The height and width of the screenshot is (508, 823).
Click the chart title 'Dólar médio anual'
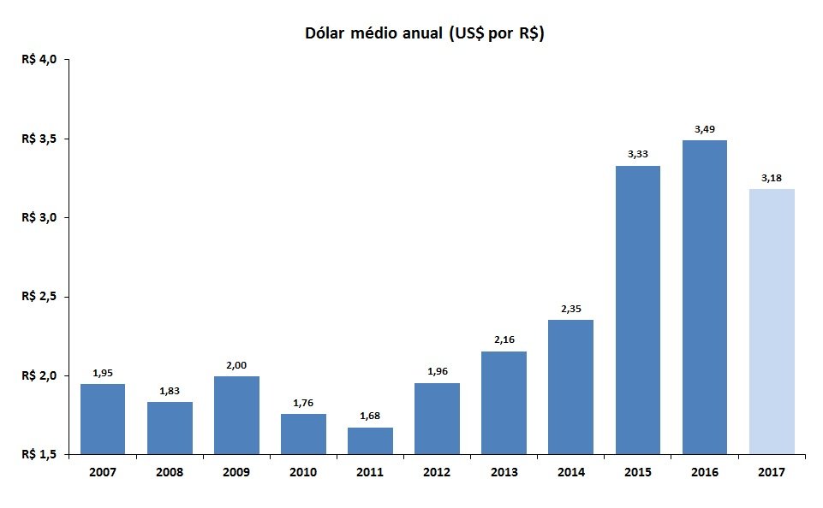pos(373,33)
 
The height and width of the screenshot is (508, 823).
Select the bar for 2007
pos(103,419)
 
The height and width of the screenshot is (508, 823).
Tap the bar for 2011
pos(370,441)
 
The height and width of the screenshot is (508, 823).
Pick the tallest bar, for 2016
pos(704,298)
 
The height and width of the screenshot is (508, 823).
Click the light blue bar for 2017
pos(772,322)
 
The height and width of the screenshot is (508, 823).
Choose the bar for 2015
pos(638,310)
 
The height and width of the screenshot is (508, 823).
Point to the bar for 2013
pos(504,403)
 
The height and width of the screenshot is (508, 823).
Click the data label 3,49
pos(704,129)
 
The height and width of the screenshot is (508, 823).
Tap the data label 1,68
pos(370,416)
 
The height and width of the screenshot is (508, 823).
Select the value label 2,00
pos(236,365)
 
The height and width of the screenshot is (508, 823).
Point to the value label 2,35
pos(571,309)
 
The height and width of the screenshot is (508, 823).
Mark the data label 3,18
pos(772,178)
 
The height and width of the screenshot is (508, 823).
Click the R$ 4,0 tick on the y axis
pos(39,59)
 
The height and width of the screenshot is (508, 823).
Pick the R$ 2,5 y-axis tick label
pos(39,296)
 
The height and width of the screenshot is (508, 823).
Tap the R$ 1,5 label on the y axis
pos(39,454)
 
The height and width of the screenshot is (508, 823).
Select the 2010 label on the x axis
pos(303,472)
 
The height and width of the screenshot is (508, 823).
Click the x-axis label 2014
pos(571,472)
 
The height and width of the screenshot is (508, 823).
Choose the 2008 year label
pos(170,472)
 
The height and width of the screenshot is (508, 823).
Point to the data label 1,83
pos(170,391)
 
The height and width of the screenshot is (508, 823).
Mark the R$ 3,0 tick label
pos(39,217)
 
